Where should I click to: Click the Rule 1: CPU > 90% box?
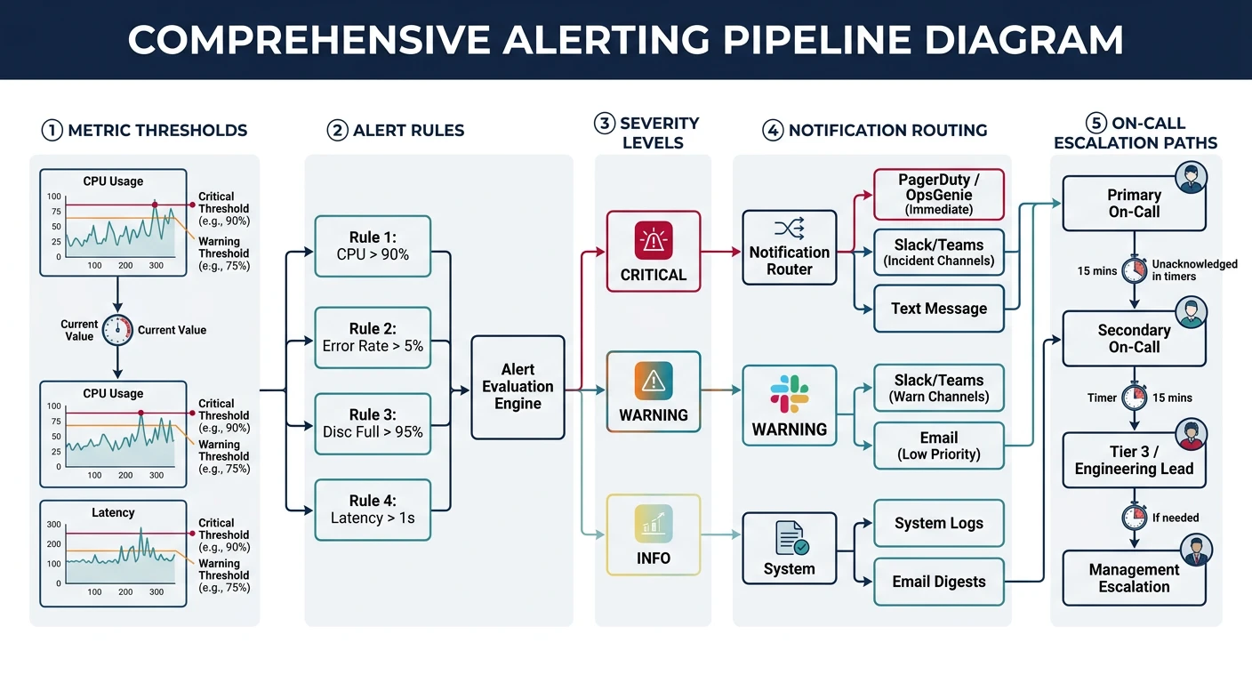[x=373, y=246]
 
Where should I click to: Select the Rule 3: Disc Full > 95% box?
[x=373, y=423]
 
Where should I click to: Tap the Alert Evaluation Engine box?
[x=518, y=387]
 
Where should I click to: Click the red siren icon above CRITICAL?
[x=654, y=240]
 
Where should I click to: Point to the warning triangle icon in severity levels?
[x=654, y=382]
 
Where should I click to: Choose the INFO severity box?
[x=654, y=534]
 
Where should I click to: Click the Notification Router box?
[x=790, y=247]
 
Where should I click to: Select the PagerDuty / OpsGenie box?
[x=939, y=194]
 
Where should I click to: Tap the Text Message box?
[x=939, y=309]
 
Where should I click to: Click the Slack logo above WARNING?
[x=790, y=394]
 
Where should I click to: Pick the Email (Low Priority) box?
[x=939, y=446]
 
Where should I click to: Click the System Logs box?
[x=939, y=523]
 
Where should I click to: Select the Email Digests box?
[x=939, y=582]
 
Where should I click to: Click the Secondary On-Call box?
[x=1134, y=339]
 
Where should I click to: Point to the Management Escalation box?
[x=1134, y=578]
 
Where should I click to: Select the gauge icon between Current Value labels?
[x=117, y=330]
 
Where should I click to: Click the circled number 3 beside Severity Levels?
[x=606, y=125]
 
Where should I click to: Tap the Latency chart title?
[x=113, y=512]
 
